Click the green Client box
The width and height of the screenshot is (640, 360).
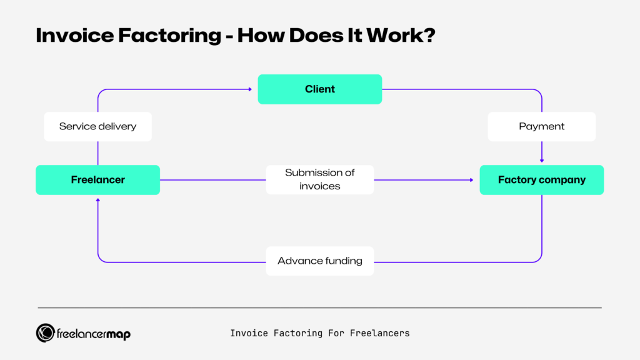tap(319, 89)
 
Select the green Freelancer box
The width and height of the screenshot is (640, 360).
tap(97, 180)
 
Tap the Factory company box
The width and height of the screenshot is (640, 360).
tap(541, 180)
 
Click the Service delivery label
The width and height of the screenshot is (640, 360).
tap(97, 126)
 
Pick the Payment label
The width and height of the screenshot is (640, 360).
tap(541, 126)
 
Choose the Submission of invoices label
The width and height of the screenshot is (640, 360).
tap(319, 179)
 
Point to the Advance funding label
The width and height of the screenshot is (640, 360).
tap(319, 261)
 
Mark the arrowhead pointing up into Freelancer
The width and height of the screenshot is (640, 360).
tap(97, 201)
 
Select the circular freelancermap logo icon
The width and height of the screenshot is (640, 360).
tap(45, 333)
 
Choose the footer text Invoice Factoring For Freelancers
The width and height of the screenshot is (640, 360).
tap(319, 333)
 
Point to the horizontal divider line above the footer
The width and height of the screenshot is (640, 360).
tap(319, 307)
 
